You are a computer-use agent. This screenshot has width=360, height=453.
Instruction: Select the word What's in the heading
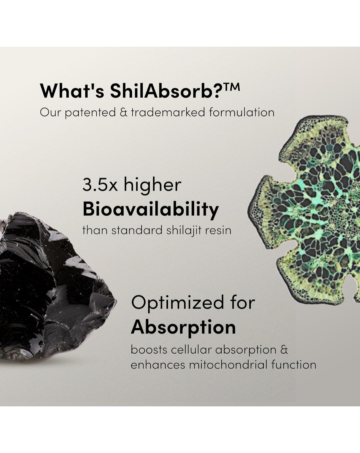point(72,91)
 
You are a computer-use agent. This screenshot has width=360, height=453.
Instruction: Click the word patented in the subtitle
point(90,113)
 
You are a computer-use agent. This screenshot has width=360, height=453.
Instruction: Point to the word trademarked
point(168,112)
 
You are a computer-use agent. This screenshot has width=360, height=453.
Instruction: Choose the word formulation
point(242,112)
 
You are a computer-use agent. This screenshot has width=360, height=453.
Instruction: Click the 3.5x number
point(100,185)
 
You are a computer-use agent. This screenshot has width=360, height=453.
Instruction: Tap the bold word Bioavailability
point(151,210)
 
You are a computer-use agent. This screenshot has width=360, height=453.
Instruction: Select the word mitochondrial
point(228,365)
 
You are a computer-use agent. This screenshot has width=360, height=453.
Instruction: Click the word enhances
point(158,365)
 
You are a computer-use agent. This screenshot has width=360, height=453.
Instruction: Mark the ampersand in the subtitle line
point(123,112)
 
